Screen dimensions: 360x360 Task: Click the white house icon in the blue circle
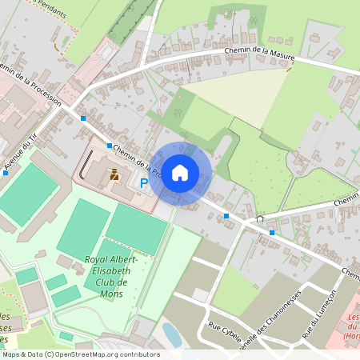[x=180, y=172]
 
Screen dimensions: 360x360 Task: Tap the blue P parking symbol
[x=144, y=183]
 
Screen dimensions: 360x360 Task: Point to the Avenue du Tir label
[x=21, y=153]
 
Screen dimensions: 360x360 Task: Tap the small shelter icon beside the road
[x=259, y=218]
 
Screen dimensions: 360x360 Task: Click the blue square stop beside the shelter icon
[x=272, y=232]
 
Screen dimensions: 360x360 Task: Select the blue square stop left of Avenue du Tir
[x=5, y=172]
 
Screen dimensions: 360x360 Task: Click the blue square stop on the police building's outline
[x=109, y=146]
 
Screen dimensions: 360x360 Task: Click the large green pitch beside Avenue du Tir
[x=27, y=193]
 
